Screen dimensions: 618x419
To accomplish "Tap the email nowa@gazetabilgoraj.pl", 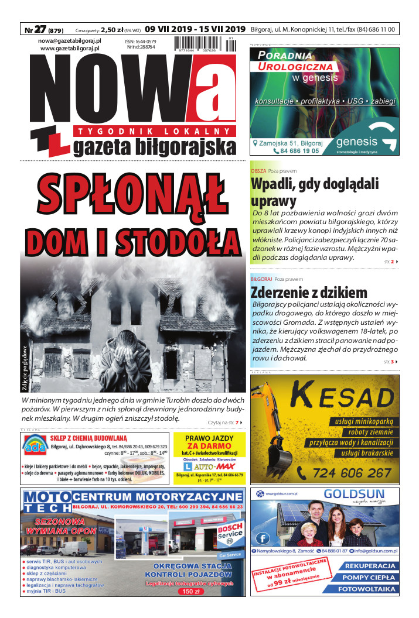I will coord(70,40).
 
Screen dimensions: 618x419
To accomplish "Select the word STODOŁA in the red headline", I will coord(183,240).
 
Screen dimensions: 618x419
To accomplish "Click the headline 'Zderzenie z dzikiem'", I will coord(309,292).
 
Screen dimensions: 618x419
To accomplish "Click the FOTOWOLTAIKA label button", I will coord(366,589).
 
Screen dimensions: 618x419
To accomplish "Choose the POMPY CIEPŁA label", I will coord(366,578).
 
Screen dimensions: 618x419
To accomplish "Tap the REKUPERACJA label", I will coord(366,566).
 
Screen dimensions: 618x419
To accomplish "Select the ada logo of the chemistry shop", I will coord(32,448).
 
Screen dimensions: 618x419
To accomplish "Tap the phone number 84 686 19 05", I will coord(291,151).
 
